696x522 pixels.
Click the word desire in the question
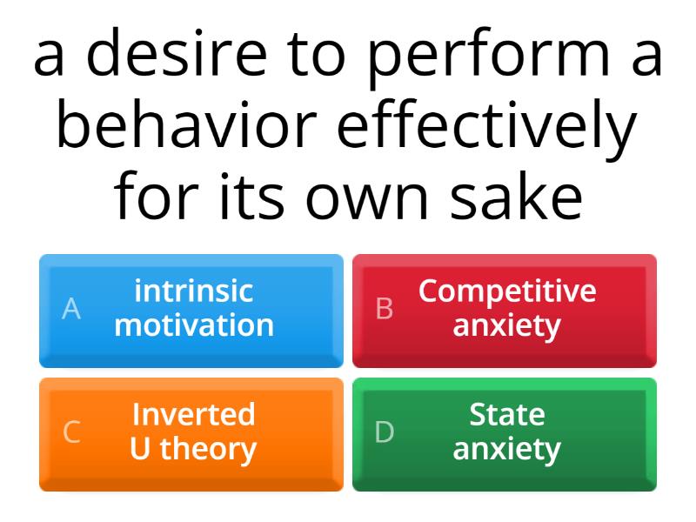177,53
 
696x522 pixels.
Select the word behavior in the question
186,124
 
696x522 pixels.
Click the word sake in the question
516,195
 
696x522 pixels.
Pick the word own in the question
366,201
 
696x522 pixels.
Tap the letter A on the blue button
71,309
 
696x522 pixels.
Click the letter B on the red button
385,309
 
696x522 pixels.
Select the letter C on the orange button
71,432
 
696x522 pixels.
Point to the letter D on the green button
385,432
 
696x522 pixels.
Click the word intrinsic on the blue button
194,291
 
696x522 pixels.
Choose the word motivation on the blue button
194,325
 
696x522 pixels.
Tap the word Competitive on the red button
507,292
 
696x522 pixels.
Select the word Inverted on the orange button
194,414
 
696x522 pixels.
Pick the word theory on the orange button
208,450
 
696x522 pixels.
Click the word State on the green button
507,415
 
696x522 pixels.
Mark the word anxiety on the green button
507,451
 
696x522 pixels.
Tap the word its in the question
251,196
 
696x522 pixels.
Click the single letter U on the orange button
140,448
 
